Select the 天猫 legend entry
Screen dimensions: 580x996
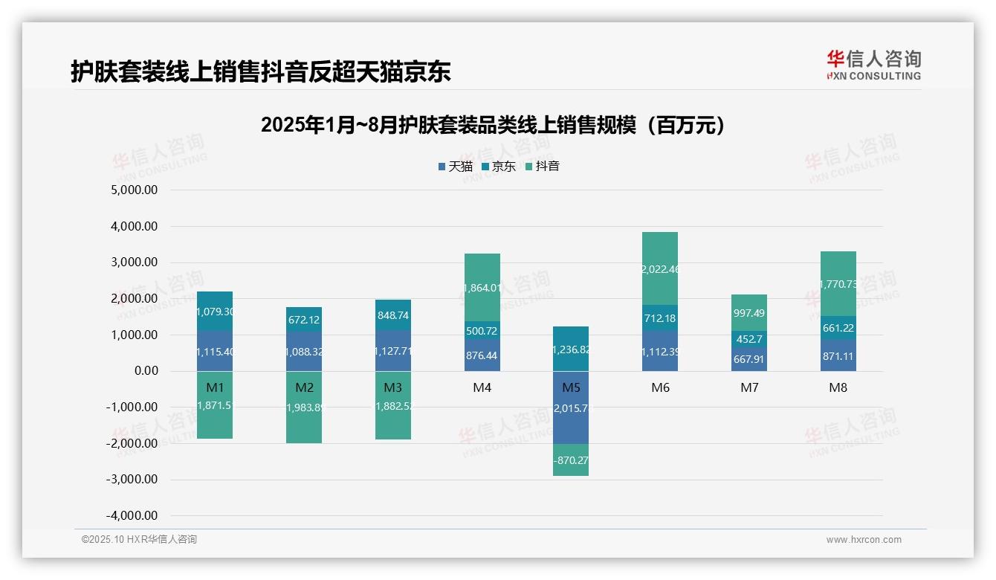pos(455,166)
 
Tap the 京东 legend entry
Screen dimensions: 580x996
pos(498,166)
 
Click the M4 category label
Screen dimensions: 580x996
pos(482,387)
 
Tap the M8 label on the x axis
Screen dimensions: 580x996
pos(838,387)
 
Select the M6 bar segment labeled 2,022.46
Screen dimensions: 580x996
pos(660,268)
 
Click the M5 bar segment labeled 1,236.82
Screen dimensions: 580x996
pos(571,349)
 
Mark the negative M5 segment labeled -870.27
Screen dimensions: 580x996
pos(571,460)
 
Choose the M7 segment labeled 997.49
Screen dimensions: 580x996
pos(749,313)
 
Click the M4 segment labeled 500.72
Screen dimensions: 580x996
pos(482,330)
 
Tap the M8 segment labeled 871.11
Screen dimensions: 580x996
pos(838,355)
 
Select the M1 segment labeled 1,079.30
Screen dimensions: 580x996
pos(215,312)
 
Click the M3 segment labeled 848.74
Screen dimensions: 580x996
pos(392,315)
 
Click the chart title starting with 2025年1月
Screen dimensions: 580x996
pos(492,125)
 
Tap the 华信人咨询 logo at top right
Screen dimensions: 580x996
pos(874,65)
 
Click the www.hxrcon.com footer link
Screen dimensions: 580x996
pos(864,540)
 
